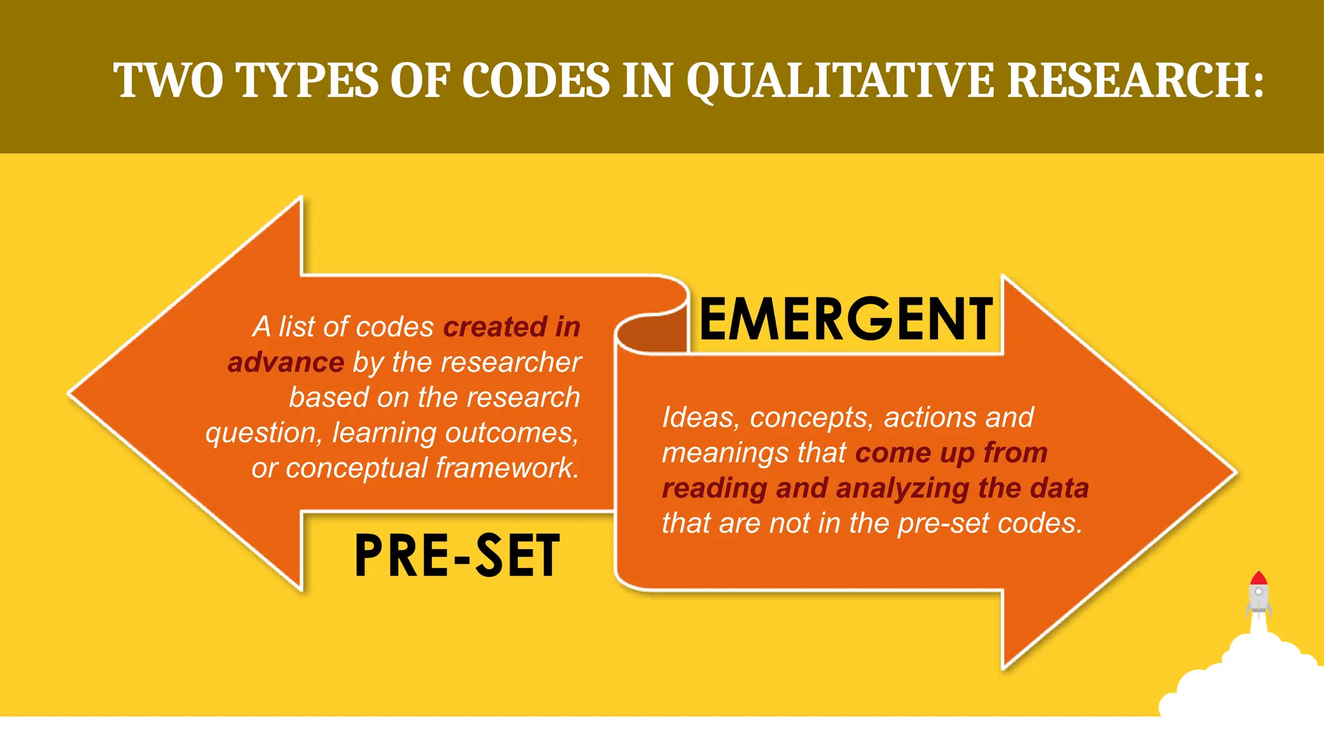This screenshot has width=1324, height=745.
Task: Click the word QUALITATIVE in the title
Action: [x=839, y=81]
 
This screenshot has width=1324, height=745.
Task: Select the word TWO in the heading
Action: [x=169, y=81]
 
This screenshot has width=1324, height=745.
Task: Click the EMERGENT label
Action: [x=846, y=319]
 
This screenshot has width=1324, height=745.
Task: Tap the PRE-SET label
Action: [x=456, y=556]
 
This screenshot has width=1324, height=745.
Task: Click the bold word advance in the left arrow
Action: [x=286, y=362]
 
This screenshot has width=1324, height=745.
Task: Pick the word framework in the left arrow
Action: [x=506, y=468]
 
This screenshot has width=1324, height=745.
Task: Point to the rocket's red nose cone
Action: [x=1258, y=578]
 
